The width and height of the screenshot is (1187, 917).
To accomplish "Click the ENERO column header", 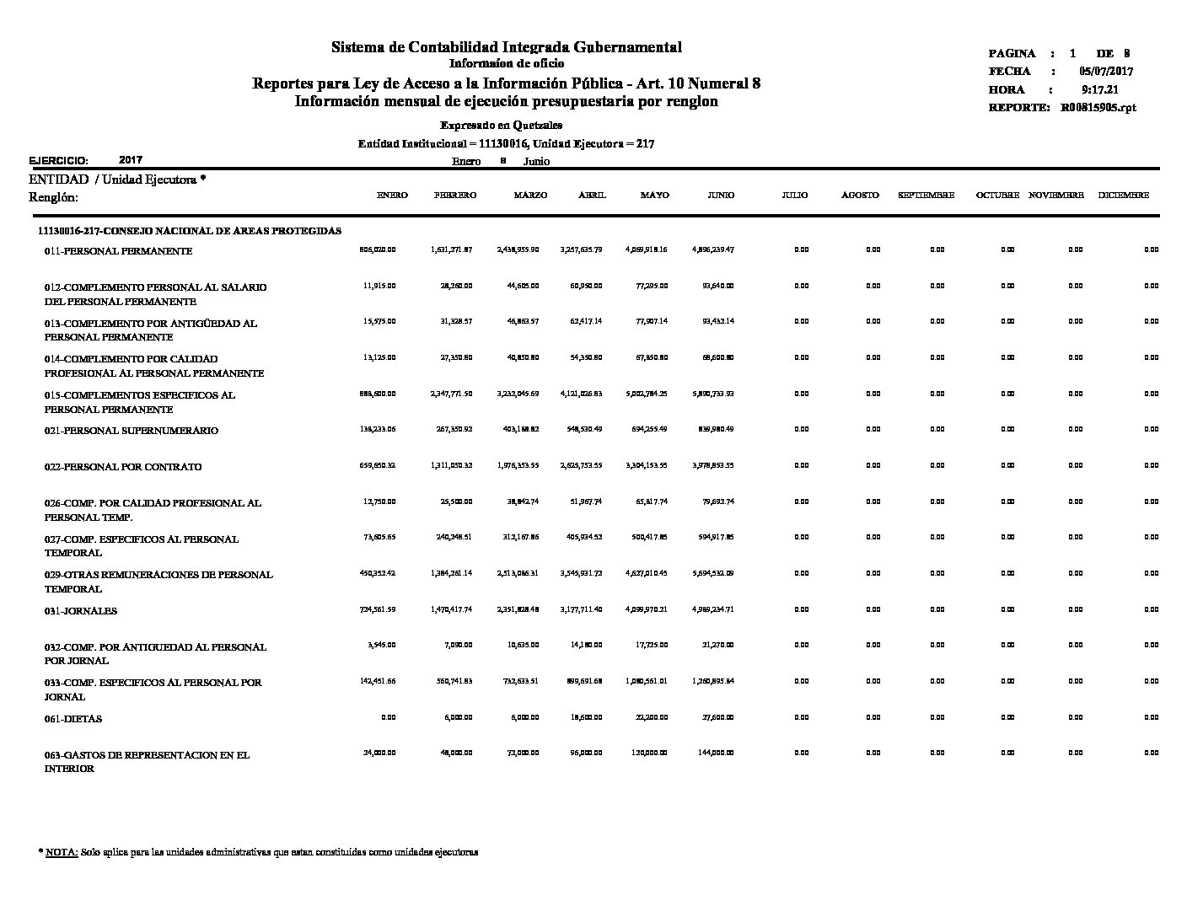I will point(392,196).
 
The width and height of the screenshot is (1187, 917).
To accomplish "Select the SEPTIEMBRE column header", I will point(926,196).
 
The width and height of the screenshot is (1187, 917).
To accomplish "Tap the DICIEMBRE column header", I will point(1123,196).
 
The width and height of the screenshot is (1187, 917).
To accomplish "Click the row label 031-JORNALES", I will point(81,611).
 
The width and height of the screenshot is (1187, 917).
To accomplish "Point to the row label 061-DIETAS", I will point(73,719).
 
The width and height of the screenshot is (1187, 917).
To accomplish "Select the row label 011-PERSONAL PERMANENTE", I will point(118,251).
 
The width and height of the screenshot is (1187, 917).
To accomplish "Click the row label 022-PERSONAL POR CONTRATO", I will point(123,467).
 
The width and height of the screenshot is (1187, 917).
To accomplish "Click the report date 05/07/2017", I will point(1106,72).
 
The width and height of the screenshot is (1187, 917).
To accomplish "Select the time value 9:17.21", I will point(1099,89).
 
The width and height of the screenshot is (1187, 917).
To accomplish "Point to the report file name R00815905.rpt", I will point(1098,108).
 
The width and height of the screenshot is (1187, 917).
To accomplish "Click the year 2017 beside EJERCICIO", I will point(131,159).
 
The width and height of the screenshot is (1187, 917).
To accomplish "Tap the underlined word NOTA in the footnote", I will point(62,852).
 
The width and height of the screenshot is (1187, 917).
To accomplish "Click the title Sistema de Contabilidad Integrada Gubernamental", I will point(506,47).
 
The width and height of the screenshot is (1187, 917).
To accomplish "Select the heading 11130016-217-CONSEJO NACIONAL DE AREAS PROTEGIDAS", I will point(190,231).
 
